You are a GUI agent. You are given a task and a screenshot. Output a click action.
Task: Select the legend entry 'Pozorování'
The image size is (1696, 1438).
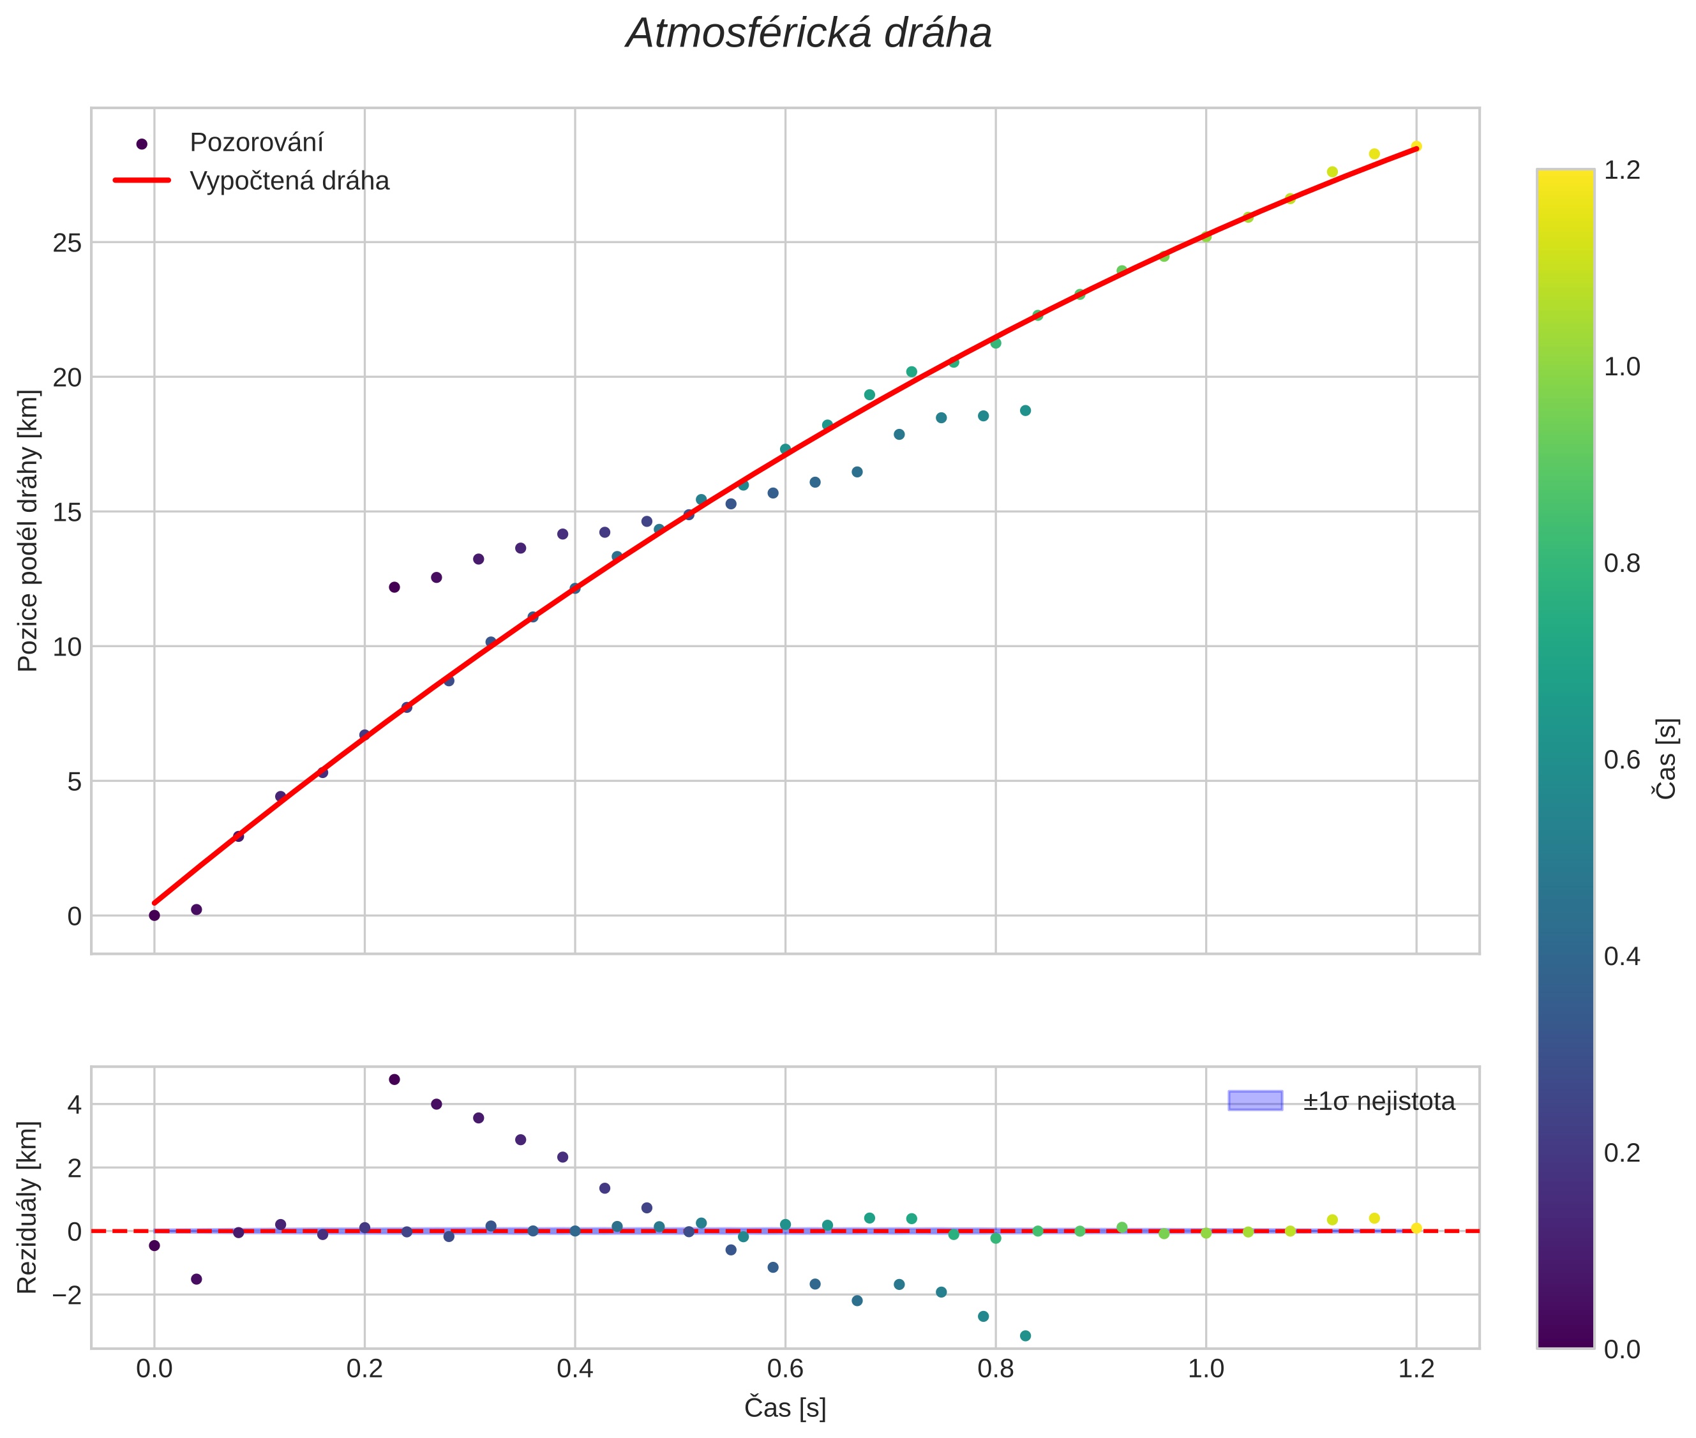[x=256, y=143]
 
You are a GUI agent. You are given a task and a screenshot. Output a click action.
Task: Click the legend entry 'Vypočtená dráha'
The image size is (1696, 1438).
[x=289, y=181]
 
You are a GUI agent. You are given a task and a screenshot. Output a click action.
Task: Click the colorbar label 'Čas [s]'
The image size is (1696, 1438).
[x=1667, y=759]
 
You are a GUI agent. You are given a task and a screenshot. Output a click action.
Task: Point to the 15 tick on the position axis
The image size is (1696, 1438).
[x=67, y=512]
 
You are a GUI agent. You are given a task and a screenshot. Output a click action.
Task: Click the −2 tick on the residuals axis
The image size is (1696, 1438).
[x=67, y=1294]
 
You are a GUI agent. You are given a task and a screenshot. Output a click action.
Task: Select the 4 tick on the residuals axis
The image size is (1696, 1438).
[x=75, y=1105]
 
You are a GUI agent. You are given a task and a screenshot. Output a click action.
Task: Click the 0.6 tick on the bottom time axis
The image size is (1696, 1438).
[x=784, y=1368]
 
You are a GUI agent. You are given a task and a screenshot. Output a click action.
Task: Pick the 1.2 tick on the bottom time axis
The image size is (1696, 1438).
[x=1416, y=1368]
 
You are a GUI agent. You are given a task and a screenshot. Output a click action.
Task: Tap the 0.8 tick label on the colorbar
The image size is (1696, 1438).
[x=1622, y=564]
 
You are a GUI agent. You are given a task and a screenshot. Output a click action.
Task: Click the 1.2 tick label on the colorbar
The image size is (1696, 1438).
[x=1622, y=170]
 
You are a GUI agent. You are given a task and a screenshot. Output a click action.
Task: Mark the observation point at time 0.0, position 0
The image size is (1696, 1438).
[x=154, y=915]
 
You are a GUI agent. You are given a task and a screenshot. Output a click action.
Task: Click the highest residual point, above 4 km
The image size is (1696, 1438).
[x=394, y=1079]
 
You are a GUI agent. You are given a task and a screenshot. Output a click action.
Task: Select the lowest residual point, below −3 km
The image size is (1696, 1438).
[x=1025, y=1336]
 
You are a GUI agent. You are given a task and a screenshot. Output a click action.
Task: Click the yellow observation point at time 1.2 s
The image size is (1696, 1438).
[x=1416, y=147]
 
